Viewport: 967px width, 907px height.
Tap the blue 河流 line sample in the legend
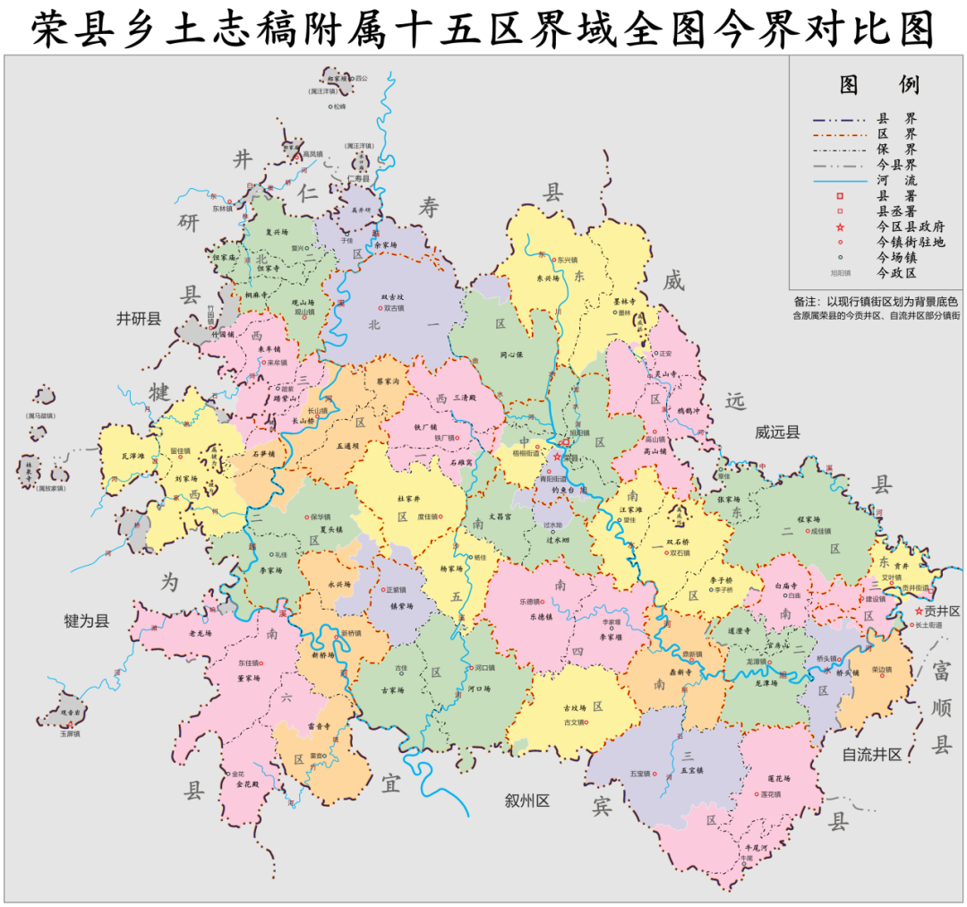(840, 181)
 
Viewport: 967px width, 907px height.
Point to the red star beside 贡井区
(919, 611)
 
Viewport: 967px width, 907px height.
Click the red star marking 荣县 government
(556, 458)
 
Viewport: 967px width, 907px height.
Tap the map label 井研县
(139, 319)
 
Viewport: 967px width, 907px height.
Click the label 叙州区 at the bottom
(526, 800)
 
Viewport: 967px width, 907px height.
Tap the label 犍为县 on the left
(87, 620)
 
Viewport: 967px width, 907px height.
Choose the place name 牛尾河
(749, 845)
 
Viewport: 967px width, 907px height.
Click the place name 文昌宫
(493, 517)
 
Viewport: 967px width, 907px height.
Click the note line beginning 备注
(876, 302)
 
